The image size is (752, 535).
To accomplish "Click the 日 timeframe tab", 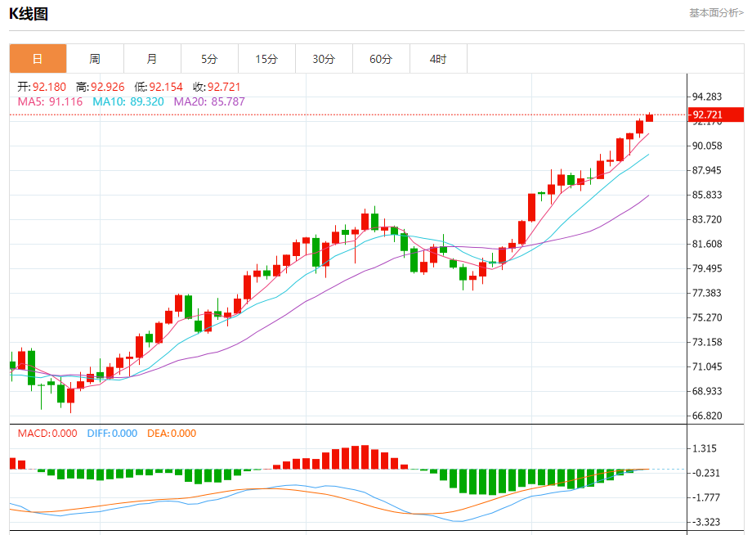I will click(x=38, y=59).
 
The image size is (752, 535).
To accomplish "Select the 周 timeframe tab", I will click(x=95, y=59).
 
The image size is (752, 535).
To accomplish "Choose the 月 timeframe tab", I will click(x=152, y=59).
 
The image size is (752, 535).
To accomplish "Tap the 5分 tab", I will click(x=209, y=59).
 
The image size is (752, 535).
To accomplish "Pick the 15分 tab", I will click(x=266, y=59).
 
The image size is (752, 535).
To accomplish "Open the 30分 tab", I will click(x=324, y=59).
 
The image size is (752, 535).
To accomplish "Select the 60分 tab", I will click(x=381, y=59).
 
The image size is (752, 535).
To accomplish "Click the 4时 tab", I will click(x=438, y=59).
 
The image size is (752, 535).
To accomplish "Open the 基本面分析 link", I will click(x=716, y=12).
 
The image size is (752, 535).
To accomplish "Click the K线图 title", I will click(x=29, y=14).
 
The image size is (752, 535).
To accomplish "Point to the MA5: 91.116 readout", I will click(x=50, y=101).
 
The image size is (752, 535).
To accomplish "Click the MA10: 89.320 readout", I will click(x=128, y=101).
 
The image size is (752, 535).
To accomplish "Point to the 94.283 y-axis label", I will click(x=708, y=97).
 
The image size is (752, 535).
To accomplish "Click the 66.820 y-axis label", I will click(x=708, y=416).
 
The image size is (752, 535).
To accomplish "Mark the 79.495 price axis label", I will click(x=708, y=268).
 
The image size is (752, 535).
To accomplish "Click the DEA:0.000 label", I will click(x=172, y=434).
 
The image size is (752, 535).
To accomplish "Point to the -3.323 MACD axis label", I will click(x=708, y=522).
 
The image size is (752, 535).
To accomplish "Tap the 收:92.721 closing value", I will click(x=217, y=87).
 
